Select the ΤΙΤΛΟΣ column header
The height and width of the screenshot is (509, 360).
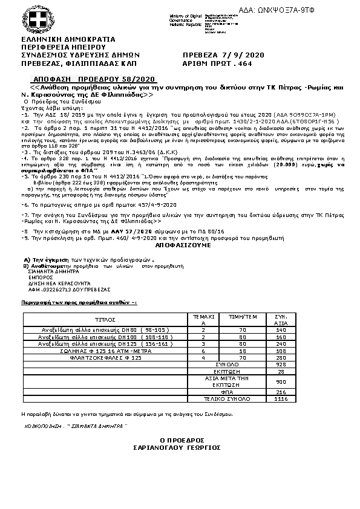click(105, 319)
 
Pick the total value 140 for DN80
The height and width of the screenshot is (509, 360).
click(280, 330)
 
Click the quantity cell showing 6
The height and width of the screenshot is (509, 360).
click(203, 350)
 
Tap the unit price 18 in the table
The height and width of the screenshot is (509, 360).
click(243, 350)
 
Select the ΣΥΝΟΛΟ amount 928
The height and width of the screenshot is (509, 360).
click(280, 365)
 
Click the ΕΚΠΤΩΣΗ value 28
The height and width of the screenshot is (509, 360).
click(280, 371)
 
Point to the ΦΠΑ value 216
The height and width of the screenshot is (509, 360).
click(280, 392)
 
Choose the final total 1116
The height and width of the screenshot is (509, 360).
click(280, 400)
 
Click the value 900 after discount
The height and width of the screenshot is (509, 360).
click(280, 381)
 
